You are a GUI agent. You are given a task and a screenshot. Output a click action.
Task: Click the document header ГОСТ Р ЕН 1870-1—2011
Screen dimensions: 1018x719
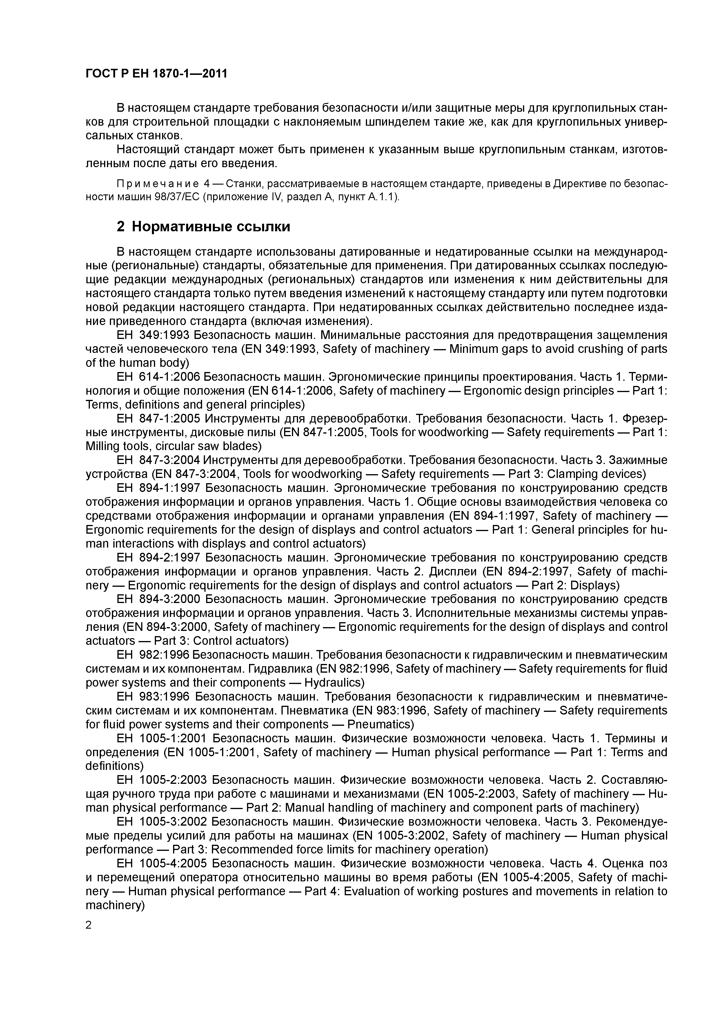click(x=156, y=74)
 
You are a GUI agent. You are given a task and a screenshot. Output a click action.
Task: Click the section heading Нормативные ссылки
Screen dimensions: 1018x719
click(x=211, y=227)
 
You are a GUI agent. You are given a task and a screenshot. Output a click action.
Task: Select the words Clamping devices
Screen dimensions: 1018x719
click(x=595, y=474)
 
